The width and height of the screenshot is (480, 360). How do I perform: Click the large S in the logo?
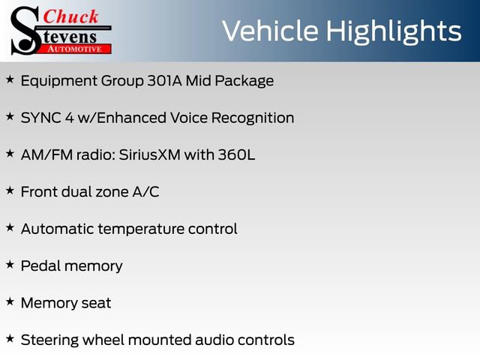[x=25, y=30]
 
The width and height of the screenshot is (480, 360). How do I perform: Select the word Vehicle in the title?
[x=272, y=31]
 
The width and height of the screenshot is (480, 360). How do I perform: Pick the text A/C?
[x=145, y=192]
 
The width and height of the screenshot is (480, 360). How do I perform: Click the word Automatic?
[x=57, y=229]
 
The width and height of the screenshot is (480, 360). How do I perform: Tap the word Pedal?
[x=40, y=265]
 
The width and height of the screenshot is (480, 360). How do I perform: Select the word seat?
[x=95, y=303]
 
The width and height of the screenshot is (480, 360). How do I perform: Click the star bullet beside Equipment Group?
[x=10, y=79]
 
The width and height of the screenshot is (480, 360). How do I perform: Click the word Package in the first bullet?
[x=246, y=81]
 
